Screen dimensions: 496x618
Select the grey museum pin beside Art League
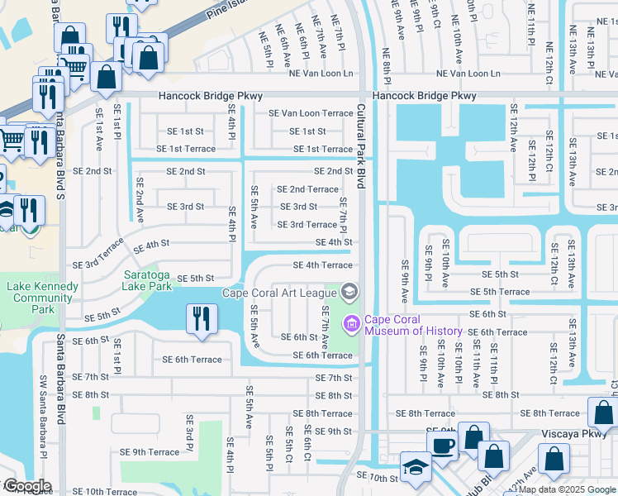[349, 291]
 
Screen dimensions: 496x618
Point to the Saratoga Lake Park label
[148, 280]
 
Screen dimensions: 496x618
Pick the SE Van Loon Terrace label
[311, 113]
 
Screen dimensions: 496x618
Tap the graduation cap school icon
[414, 468]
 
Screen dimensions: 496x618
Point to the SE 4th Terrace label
[323, 265]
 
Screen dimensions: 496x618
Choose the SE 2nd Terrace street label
[307, 189]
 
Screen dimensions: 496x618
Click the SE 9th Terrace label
[150, 452]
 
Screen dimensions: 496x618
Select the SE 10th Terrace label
[104, 491]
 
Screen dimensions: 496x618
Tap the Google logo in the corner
[27, 486]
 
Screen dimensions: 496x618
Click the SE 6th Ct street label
[307, 446]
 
